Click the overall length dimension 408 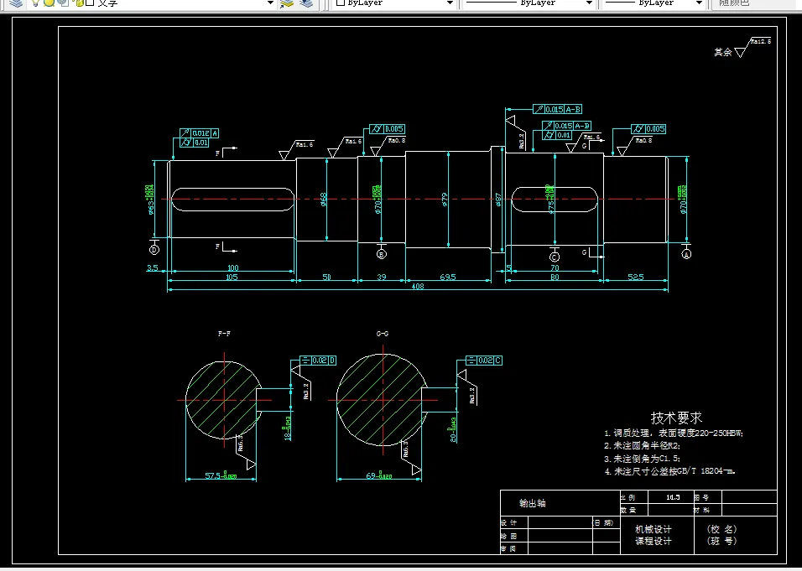click(x=417, y=287)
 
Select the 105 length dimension click(x=232, y=278)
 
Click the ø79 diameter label click(x=445, y=200)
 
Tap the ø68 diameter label click(x=324, y=199)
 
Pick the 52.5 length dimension click(x=635, y=278)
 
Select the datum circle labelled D click(x=154, y=249)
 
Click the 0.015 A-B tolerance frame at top click(x=558, y=110)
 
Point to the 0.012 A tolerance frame click(x=200, y=133)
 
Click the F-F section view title click(x=224, y=334)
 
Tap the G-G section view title click(x=383, y=334)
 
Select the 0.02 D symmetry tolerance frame click(x=318, y=361)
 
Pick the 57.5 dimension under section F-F click(x=219, y=476)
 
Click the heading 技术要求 click(x=676, y=417)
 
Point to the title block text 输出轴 click(x=532, y=503)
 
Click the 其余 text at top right click(x=722, y=52)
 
